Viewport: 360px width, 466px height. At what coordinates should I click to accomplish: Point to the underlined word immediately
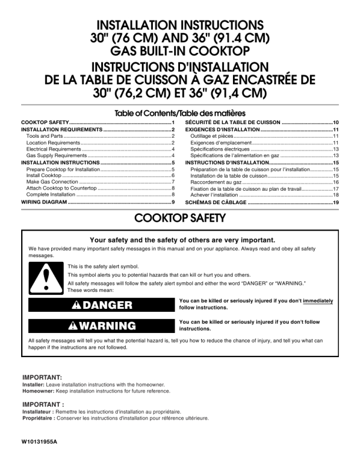[x=318, y=300]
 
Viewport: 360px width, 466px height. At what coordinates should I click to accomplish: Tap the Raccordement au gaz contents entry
[x=212, y=182]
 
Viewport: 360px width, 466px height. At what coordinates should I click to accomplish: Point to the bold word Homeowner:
[x=38, y=391]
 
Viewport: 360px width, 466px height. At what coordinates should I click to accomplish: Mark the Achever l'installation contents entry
[x=214, y=195]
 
